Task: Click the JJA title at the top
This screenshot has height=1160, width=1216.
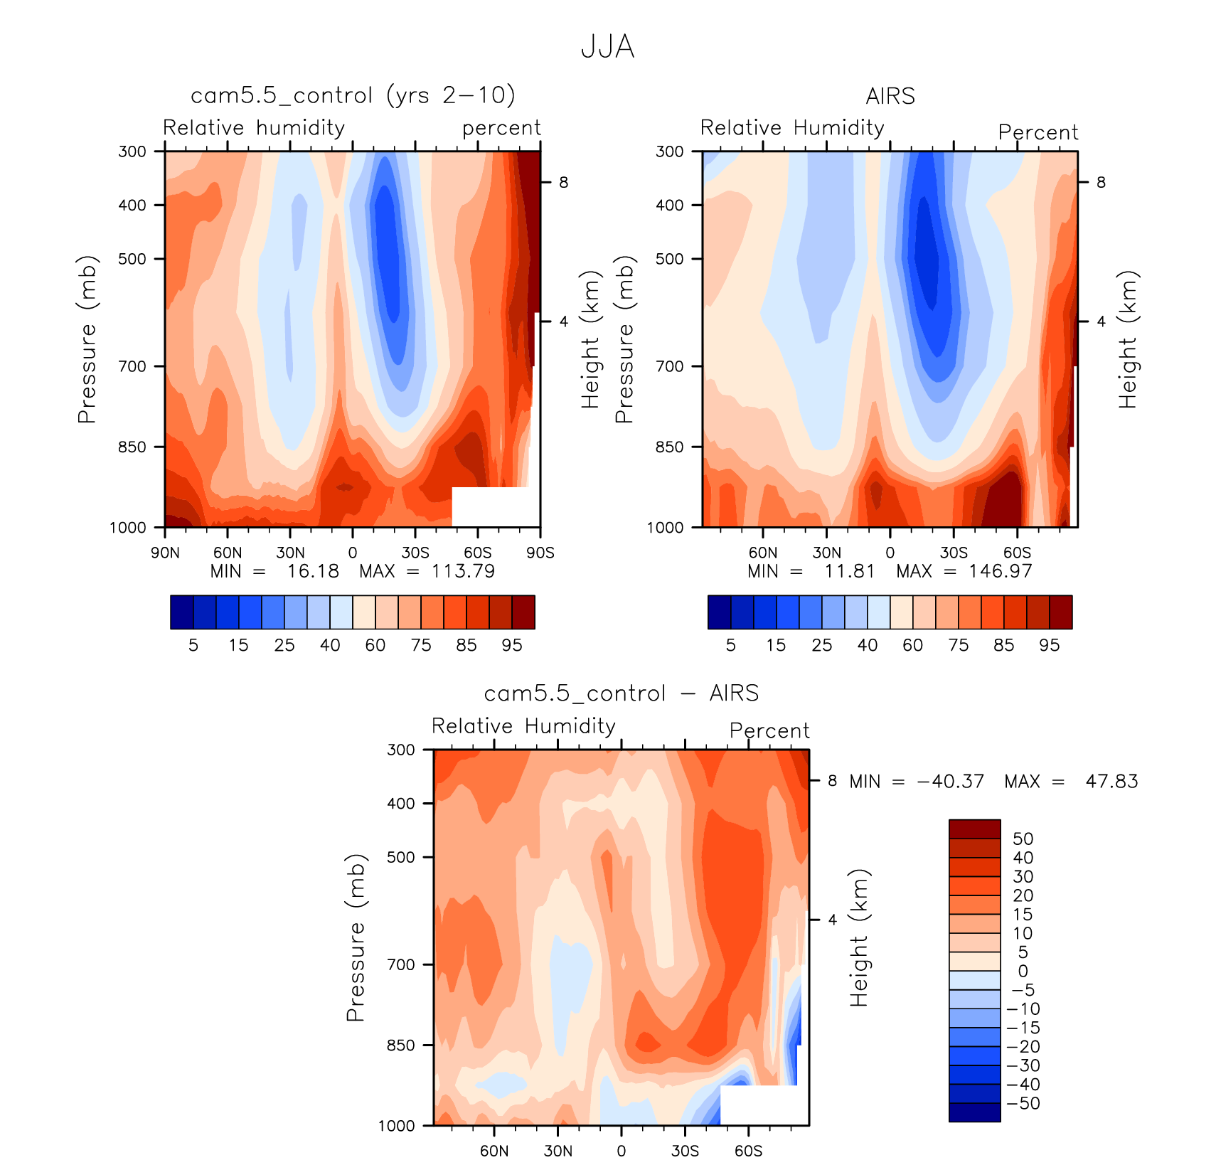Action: tap(607, 47)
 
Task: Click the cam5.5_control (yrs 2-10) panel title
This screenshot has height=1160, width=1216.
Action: tap(353, 95)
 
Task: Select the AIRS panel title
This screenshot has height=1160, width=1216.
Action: tap(890, 96)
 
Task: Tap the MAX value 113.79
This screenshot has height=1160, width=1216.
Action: tap(463, 571)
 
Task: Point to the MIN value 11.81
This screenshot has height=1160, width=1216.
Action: tap(850, 571)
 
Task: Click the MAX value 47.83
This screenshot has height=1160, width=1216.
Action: tap(1111, 782)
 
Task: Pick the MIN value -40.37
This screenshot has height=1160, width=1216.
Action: tap(951, 782)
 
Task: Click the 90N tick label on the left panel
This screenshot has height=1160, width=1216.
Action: tap(165, 553)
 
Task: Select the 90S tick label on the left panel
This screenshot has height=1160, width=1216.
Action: tap(540, 553)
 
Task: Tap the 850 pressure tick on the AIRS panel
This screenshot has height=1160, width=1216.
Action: tap(669, 447)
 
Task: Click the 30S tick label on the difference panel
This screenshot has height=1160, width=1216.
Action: tap(685, 1151)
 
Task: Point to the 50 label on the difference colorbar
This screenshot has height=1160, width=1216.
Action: tap(1023, 839)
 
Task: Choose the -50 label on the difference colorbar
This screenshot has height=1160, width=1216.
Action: tap(1024, 1103)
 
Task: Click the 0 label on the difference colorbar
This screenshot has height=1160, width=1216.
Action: tap(1023, 971)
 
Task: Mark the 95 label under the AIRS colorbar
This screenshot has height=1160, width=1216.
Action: tap(1049, 645)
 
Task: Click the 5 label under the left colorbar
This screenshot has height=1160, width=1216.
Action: tap(193, 645)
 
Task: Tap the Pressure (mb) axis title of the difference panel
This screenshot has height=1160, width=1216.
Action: tap(355, 937)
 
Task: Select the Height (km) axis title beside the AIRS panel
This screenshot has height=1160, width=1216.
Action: tap(1128, 339)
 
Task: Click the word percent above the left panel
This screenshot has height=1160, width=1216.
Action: tap(501, 128)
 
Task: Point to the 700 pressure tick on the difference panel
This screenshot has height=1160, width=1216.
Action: tap(400, 964)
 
